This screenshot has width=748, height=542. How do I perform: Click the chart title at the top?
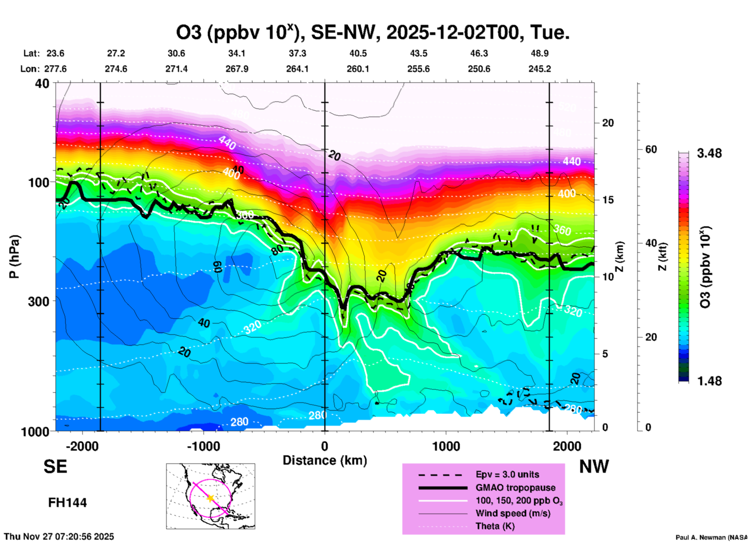coord(373,33)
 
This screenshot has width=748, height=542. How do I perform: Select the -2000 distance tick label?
coord(82,446)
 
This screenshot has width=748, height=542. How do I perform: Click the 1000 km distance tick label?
coord(446,446)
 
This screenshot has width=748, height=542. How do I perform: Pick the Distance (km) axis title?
coord(325,460)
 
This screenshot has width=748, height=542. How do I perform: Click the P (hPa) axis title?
coord(14,257)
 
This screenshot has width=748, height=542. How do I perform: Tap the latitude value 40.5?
coord(358,53)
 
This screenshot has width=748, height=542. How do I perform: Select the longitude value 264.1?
coord(297,69)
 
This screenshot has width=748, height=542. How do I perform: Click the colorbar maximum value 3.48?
coord(709,154)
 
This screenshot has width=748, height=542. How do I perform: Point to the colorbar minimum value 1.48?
coord(709,381)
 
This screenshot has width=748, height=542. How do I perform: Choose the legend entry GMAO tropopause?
coord(515,488)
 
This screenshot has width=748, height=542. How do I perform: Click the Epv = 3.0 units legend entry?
coord(507,474)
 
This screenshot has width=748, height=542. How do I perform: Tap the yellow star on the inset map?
coord(210,498)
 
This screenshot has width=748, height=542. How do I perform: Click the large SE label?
coord(55,467)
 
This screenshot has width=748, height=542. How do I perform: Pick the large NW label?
coord(594,467)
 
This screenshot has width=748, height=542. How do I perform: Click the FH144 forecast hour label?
coord(67,503)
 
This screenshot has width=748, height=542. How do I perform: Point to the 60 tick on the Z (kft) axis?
coord(651,149)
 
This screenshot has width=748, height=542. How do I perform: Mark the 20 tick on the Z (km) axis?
coord(608,123)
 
